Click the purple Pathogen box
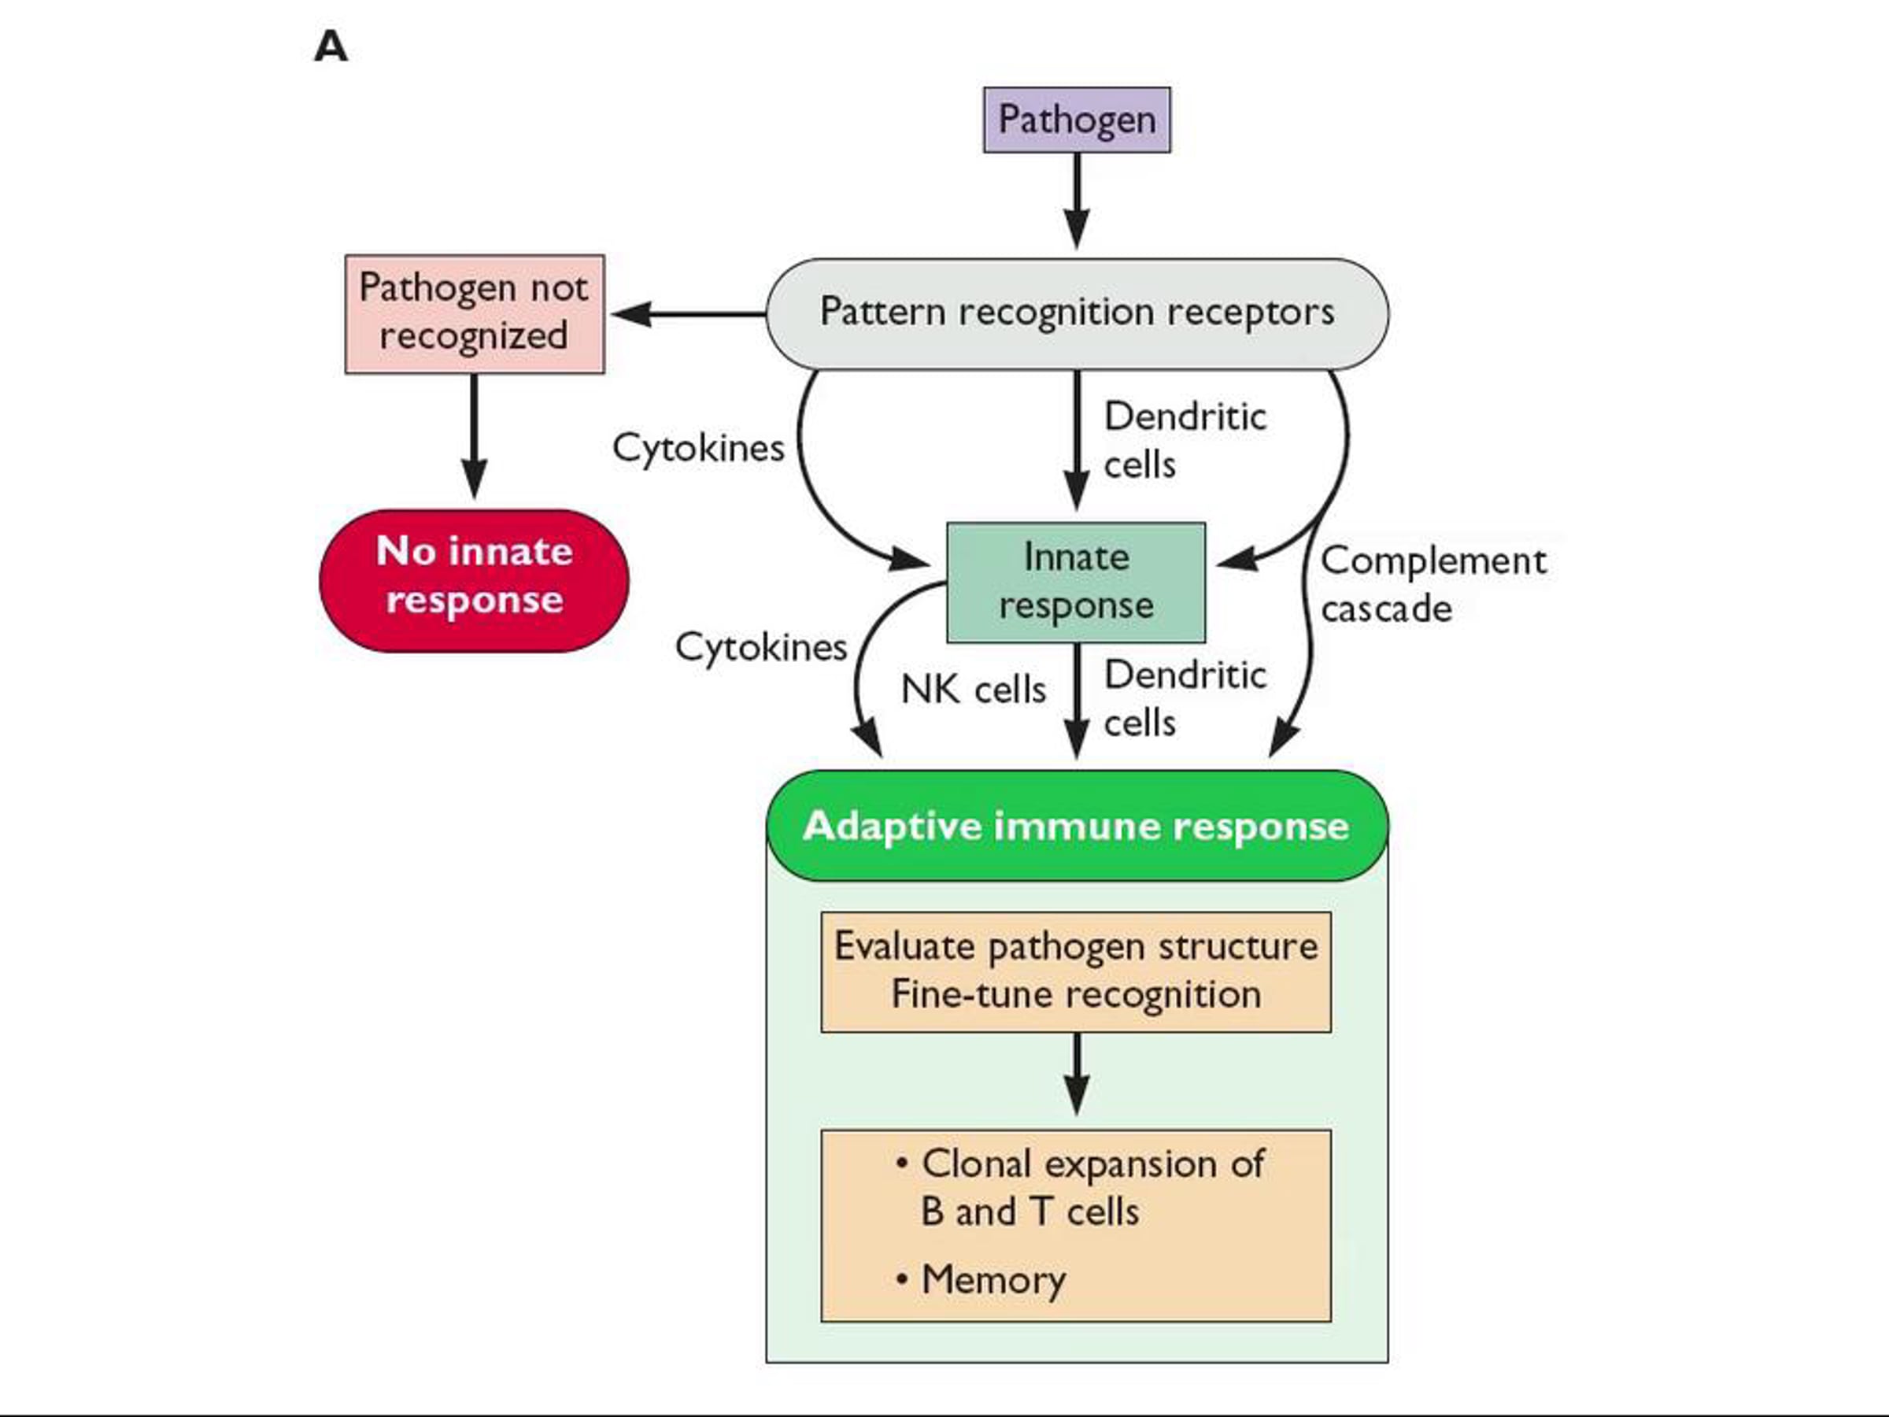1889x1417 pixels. [1076, 120]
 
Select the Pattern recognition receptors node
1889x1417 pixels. [1076, 313]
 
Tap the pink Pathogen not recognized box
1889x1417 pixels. [474, 313]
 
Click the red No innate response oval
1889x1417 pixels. [474, 580]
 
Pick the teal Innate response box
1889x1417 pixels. [1076, 582]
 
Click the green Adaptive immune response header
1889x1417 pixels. [1076, 825]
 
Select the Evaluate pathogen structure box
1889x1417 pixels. [1076, 971]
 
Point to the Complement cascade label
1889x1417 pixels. [1432, 585]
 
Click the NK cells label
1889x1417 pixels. [973, 690]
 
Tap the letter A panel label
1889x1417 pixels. [331, 47]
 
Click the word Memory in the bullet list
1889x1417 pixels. [993, 1279]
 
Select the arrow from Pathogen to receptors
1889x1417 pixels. [1077, 201]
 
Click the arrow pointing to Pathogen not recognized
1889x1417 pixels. [687, 313]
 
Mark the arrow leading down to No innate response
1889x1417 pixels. [474, 435]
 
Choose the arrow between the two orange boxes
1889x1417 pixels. [1077, 1074]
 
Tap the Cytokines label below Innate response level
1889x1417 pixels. [760, 647]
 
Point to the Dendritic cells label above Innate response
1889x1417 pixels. [1185, 441]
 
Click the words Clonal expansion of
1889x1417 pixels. [1092, 1164]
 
